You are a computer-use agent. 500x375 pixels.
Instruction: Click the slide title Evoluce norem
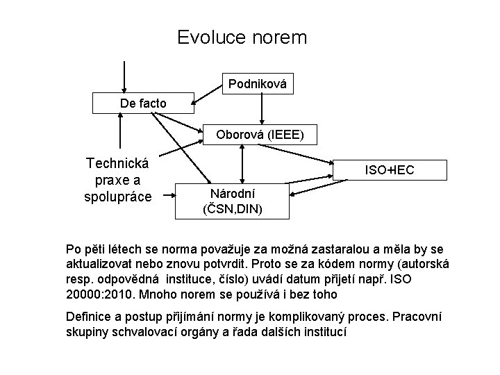[242, 37]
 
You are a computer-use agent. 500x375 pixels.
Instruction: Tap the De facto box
[143, 103]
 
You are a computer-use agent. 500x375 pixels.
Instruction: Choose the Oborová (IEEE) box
[258, 134]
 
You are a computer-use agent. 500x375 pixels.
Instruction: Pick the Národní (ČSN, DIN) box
[233, 201]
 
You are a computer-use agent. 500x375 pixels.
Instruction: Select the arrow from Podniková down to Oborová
[261, 108]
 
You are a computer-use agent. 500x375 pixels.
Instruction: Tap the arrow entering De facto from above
[124, 76]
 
